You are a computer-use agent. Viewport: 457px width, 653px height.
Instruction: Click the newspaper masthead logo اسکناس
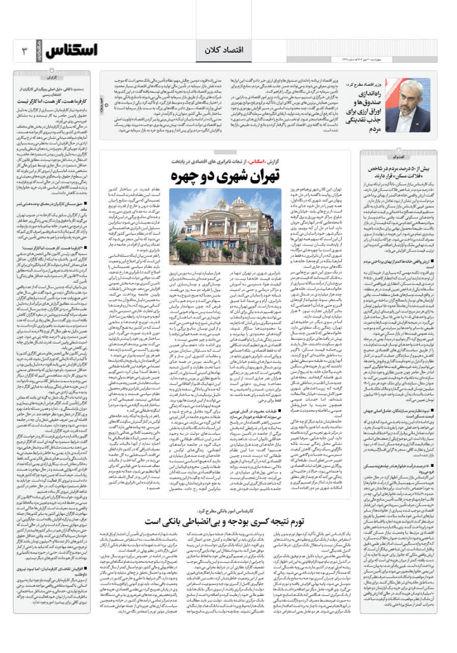pyautogui.click(x=71, y=51)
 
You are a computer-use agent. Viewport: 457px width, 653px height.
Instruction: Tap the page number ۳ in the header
pyautogui.click(x=24, y=51)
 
